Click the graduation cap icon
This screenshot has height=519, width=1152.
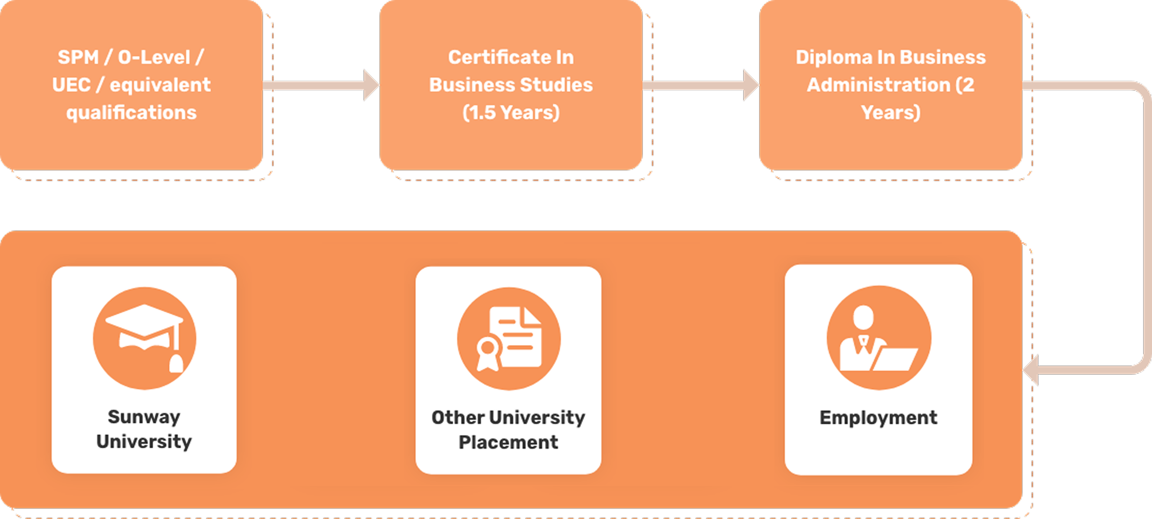click(x=145, y=338)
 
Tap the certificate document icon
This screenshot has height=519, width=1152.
click(x=508, y=339)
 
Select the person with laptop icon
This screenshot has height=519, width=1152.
click(x=879, y=338)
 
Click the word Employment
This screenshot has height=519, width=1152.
click(x=878, y=418)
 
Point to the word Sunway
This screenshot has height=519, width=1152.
click(x=144, y=417)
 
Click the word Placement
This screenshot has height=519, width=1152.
click(x=508, y=442)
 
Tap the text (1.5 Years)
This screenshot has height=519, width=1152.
click(x=511, y=112)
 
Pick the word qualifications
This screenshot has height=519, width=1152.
click(x=131, y=113)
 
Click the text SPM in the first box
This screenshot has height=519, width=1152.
click(x=78, y=57)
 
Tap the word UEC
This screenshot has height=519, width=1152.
click(x=71, y=85)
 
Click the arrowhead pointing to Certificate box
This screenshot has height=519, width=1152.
click(x=371, y=85)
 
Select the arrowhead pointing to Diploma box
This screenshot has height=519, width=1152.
click(x=751, y=85)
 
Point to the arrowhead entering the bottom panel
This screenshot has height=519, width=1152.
click(x=1031, y=370)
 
